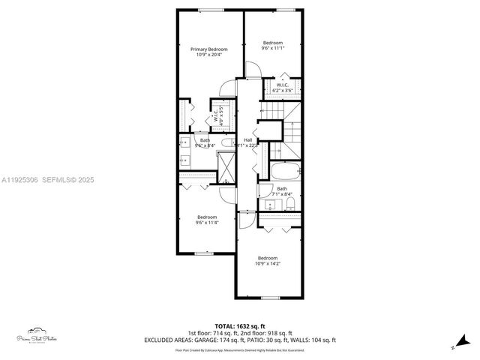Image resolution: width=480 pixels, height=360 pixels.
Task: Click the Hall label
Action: (247, 140)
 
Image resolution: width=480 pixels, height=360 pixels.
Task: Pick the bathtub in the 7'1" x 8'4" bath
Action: (284, 169)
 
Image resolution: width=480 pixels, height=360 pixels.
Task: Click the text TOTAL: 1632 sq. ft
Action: (239, 326)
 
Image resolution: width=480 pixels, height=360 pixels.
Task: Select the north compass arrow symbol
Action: (452, 347)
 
